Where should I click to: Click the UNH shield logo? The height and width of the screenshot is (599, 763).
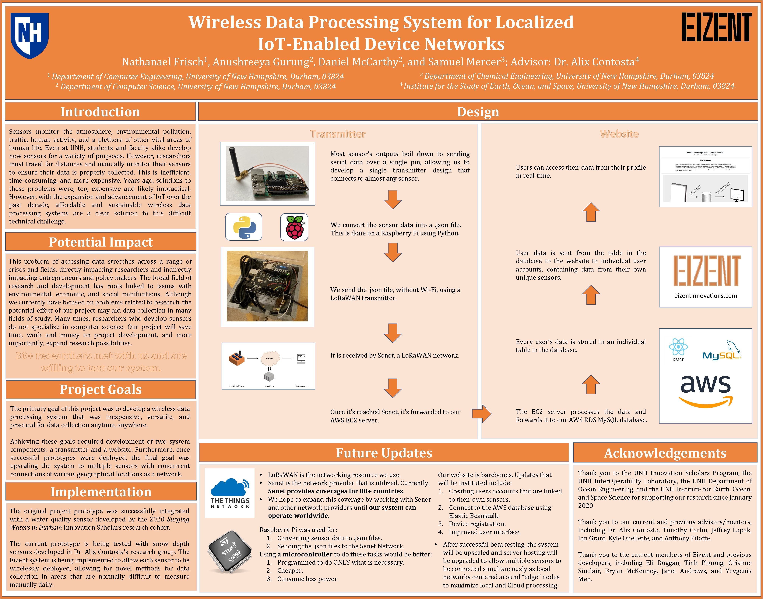(30, 35)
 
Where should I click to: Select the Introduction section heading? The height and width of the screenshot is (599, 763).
(100, 112)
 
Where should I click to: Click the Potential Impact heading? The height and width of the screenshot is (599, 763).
(101, 242)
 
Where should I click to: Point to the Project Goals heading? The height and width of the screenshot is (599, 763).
(101, 389)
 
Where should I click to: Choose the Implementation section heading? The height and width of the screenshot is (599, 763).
(101, 492)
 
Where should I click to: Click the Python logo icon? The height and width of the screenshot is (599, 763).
(244, 227)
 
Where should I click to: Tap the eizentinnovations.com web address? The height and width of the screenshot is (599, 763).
(705, 296)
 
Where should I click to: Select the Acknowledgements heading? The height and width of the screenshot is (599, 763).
(665, 453)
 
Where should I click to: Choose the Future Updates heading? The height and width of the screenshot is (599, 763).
(384, 453)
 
